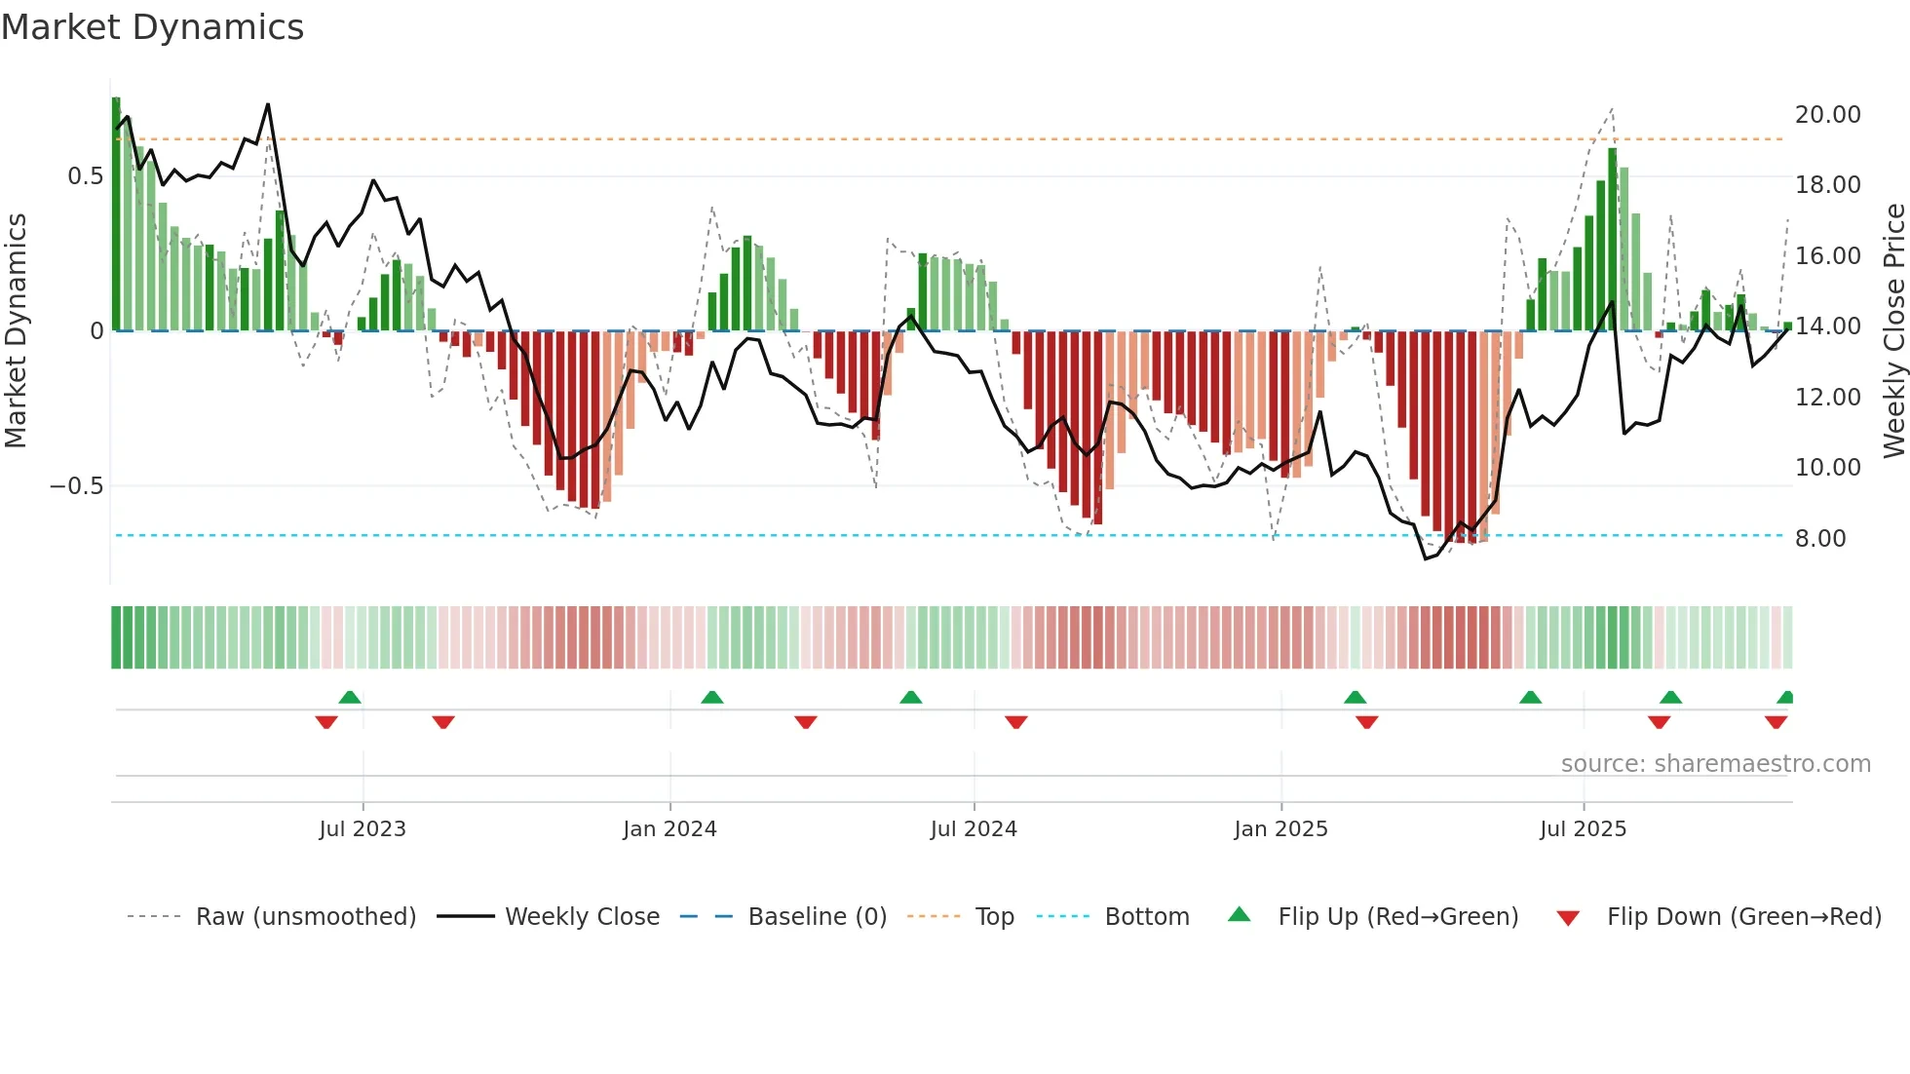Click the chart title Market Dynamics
[152, 27]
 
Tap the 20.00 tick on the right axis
[1827, 115]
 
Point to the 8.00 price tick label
[1820, 539]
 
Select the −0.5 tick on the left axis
[77, 486]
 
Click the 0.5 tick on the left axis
[85, 176]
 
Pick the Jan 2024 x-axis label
[669, 829]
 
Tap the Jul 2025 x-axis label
[1583, 829]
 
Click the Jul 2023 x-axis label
[363, 829]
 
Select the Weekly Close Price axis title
[1893, 331]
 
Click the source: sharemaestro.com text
[1715, 764]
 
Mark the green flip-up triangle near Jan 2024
[712, 698]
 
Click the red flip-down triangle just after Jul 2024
[1016, 722]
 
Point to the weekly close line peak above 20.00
[268, 105]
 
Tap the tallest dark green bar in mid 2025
[1612, 239]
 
